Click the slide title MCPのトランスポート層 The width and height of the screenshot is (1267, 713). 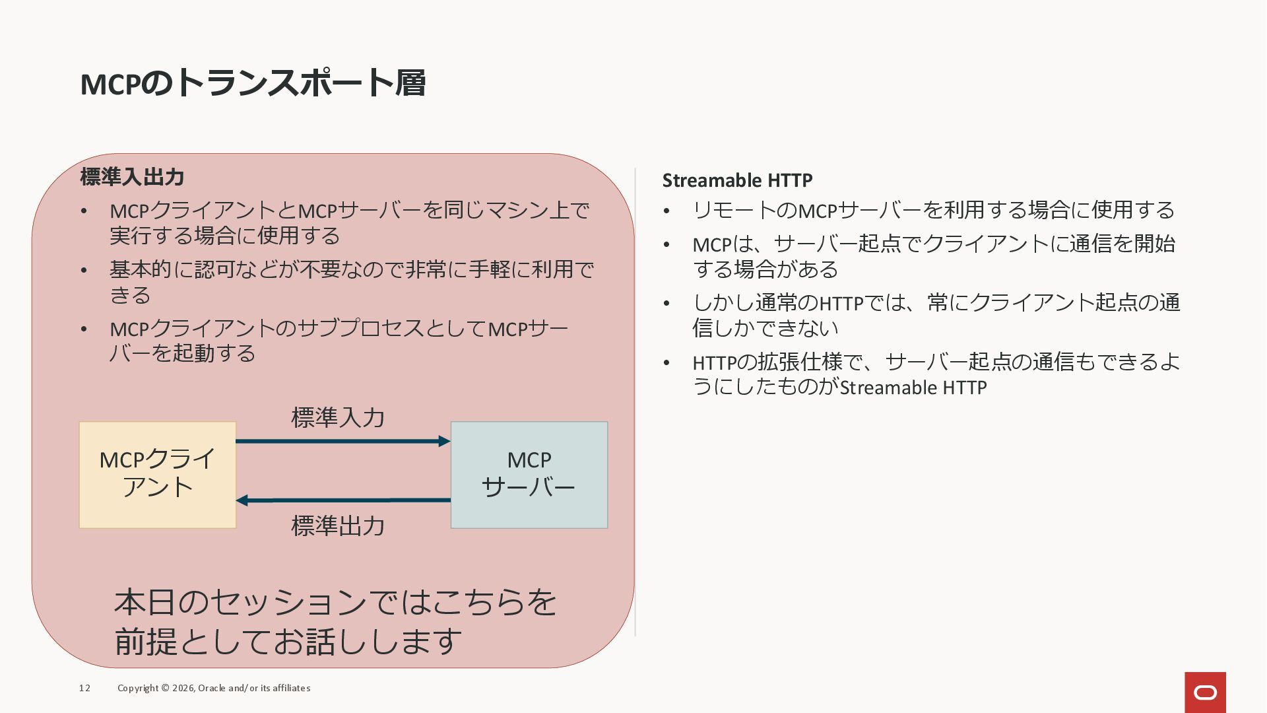pyautogui.click(x=253, y=84)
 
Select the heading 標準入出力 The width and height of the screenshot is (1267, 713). pyautogui.click(x=132, y=177)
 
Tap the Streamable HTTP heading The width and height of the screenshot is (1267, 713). pyautogui.click(x=737, y=180)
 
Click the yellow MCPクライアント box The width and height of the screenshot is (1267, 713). pyautogui.click(x=158, y=475)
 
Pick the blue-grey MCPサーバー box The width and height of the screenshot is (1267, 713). pyautogui.click(x=529, y=475)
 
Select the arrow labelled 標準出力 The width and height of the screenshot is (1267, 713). pyautogui.click(x=343, y=500)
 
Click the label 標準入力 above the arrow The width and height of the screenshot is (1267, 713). pyautogui.click(x=338, y=417)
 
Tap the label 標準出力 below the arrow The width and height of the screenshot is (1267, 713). pyautogui.click(x=338, y=526)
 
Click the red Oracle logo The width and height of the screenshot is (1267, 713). pyautogui.click(x=1205, y=693)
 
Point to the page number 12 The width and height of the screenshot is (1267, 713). pyautogui.click(x=84, y=688)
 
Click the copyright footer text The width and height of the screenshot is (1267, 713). pyautogui.click(x=214, y=688)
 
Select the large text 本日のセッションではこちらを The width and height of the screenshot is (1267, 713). pyautogui.click(x=335, y=602)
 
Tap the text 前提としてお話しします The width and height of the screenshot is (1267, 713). pyautogui.click(x=288, y=641)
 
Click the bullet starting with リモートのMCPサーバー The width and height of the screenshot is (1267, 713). pyautogui.click(x=933, y=210)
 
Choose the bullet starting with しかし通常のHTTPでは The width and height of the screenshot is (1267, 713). pyautogui.click(x=936, y=315)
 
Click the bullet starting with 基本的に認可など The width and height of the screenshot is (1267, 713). pyautogui.click(x=351, y=282)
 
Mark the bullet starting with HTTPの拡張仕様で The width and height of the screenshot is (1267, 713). pyautogui.click(x=936, y=374)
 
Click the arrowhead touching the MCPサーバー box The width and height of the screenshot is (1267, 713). pyautogui.click(x=445, y=441)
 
